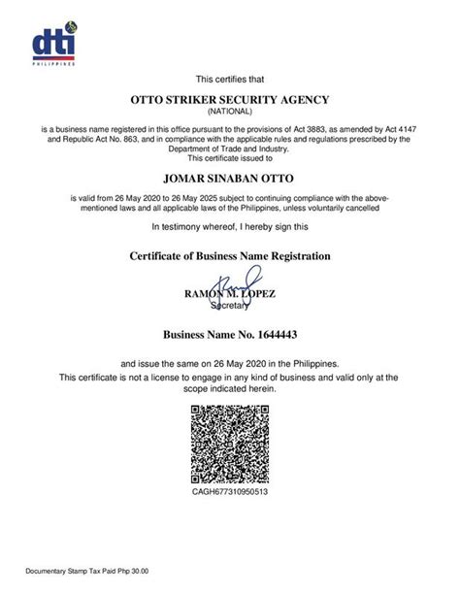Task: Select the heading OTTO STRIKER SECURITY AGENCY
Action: tap(230, 99)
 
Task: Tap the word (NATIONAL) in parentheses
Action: tap(230, 112)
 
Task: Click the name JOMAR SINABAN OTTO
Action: tap(230, 179)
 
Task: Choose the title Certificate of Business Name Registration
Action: tap(230, 255)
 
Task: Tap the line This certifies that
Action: tap(230, 79)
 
